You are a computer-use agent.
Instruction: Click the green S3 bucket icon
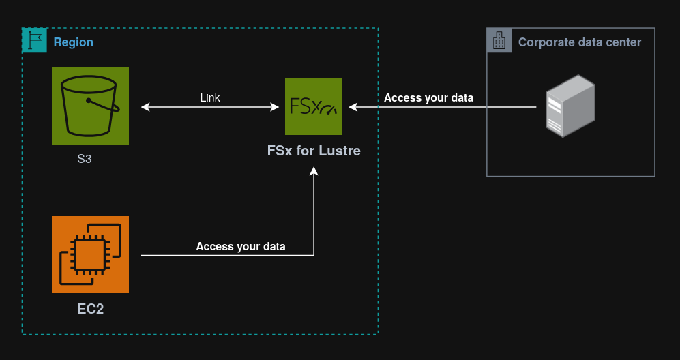[90, 106]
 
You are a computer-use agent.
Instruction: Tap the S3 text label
[84, 160]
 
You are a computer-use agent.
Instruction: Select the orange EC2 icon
[90, 254]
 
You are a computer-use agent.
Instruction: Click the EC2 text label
[90, 309]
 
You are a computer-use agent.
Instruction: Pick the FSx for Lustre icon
[314, 106]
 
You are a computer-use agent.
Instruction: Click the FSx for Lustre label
[314, 151]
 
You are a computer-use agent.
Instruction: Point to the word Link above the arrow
[210, 98]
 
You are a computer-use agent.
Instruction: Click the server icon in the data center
[570, 106]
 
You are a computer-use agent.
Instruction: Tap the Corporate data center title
[579, 42]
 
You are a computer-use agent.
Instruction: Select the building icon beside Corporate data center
[499, 41]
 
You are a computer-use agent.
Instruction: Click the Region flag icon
[35, 41]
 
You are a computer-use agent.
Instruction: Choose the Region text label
[73, 42]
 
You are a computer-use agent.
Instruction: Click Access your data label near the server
[428, 98]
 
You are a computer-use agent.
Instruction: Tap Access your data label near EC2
[241, 247]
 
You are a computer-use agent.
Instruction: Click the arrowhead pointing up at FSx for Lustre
[314, 171]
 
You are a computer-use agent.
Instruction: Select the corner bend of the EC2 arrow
[314, 255]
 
